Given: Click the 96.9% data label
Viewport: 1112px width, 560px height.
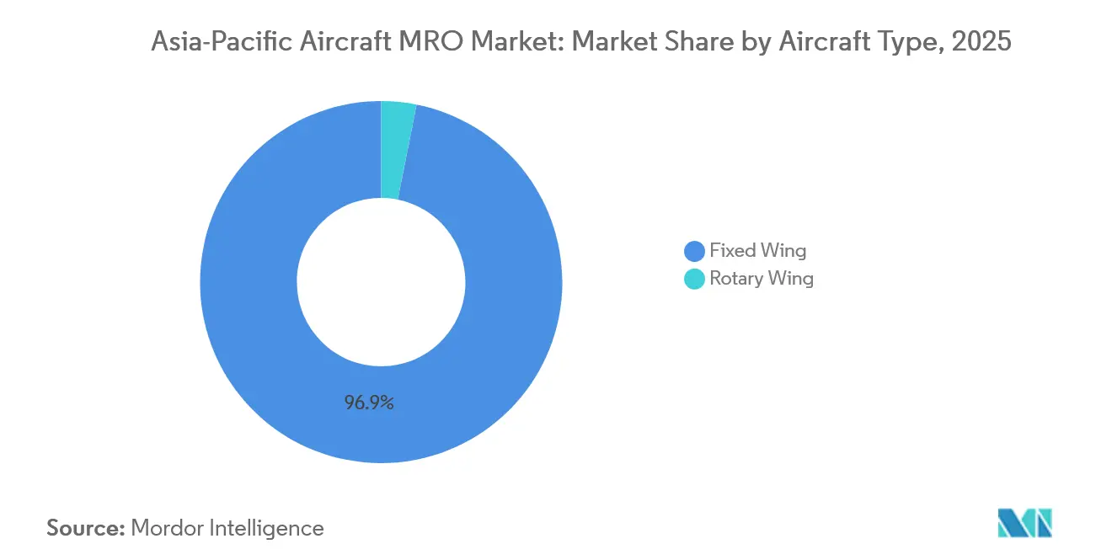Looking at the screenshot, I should coord(369,403).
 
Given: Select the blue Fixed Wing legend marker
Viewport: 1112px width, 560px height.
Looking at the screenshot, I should coord(694,251).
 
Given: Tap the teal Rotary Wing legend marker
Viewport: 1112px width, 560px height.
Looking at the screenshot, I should coord(694,279).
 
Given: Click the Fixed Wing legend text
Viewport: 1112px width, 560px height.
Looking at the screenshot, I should coord(757,250).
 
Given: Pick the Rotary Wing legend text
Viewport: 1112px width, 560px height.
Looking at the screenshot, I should coord(762,279).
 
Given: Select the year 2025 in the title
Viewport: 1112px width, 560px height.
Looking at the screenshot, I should coord(981,41).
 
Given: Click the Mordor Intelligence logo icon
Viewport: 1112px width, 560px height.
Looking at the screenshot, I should coord(1024,523).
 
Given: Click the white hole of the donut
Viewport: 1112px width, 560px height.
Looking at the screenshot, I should coord(381,281).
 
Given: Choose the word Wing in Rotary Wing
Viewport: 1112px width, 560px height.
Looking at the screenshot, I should coord(791,279).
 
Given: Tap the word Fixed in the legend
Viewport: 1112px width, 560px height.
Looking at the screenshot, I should coord(732,250).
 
